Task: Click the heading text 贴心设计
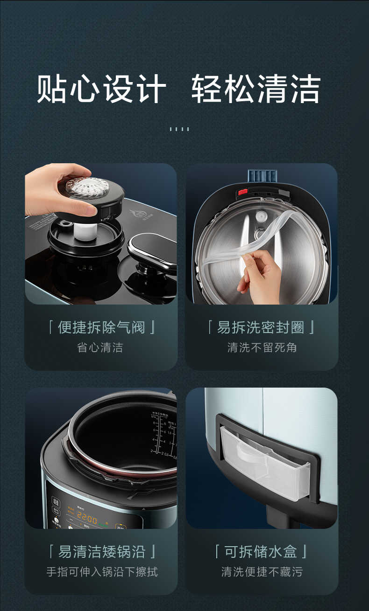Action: click(102, 89)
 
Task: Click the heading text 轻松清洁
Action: click(255, 89)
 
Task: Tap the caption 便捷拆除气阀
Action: click(101, 327)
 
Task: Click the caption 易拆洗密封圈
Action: click(261, 327)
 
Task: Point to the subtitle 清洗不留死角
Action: click(262, 347)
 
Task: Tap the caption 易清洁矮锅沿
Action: click(101, 552)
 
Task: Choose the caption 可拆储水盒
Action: click(261, 552)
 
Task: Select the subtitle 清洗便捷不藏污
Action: click(262, 572)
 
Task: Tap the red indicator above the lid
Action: click(242, 192)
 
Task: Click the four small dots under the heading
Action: click(179, 129)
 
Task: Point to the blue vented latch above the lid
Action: click(262, 175)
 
